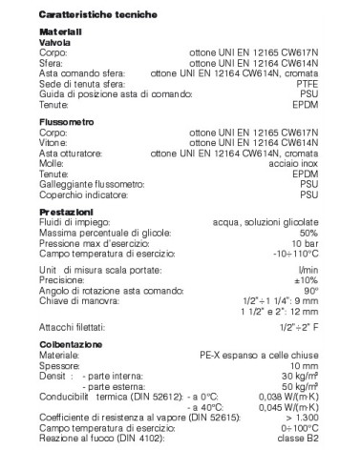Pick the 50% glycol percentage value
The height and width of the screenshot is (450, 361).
click(308, 232)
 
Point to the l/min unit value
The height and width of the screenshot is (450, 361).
click(308, 272)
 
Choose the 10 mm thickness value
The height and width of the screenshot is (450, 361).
click(303, 368)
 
